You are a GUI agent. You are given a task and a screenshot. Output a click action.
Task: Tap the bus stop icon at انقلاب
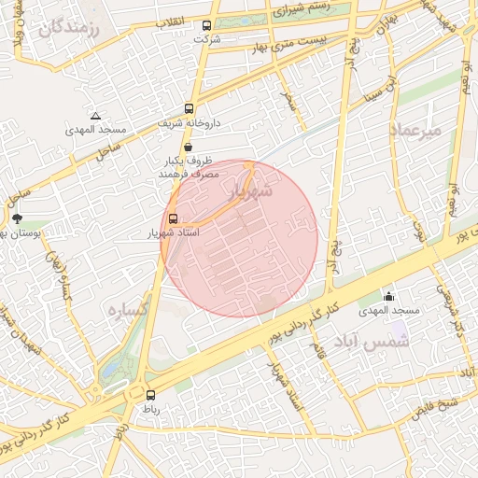point(206,26)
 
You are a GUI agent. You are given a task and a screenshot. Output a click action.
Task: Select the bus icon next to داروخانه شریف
point(190,107)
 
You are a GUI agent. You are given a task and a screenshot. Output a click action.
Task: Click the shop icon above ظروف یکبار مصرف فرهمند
point(190,147)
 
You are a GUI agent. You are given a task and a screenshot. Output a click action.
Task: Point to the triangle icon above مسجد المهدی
point(95,117)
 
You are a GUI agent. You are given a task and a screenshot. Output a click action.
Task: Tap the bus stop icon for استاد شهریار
point(172,218)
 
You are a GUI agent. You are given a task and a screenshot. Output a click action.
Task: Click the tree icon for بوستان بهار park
point(18,218)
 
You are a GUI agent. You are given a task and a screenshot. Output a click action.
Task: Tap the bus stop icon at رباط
point(150,395)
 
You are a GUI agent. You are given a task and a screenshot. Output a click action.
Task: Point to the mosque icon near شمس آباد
point(389,296)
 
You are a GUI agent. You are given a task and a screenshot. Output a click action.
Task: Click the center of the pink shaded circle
point(239,238)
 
